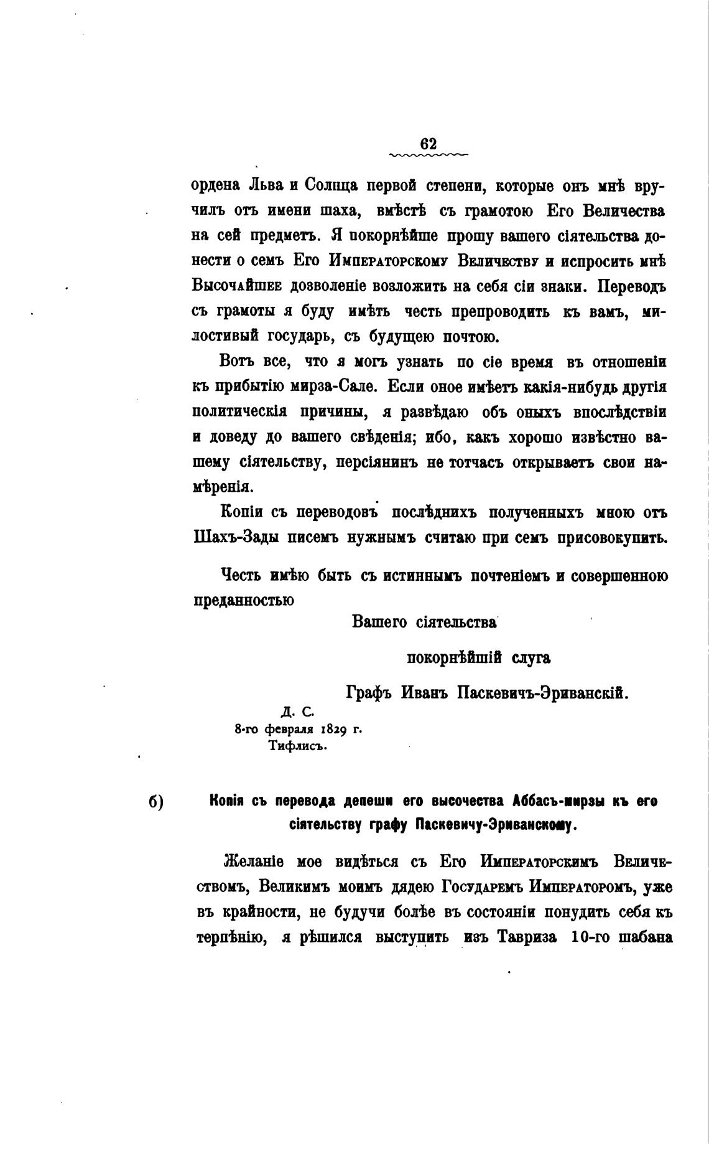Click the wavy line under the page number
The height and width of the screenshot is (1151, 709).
click(x=429, y=154)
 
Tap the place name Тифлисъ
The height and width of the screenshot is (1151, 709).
click(x=297, y=746)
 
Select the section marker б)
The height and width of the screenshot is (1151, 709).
click(x=155, y=802)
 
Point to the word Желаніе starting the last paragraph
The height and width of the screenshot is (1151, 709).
click(x=253, y=862)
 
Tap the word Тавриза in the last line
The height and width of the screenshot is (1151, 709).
click(x=527, y=937)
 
